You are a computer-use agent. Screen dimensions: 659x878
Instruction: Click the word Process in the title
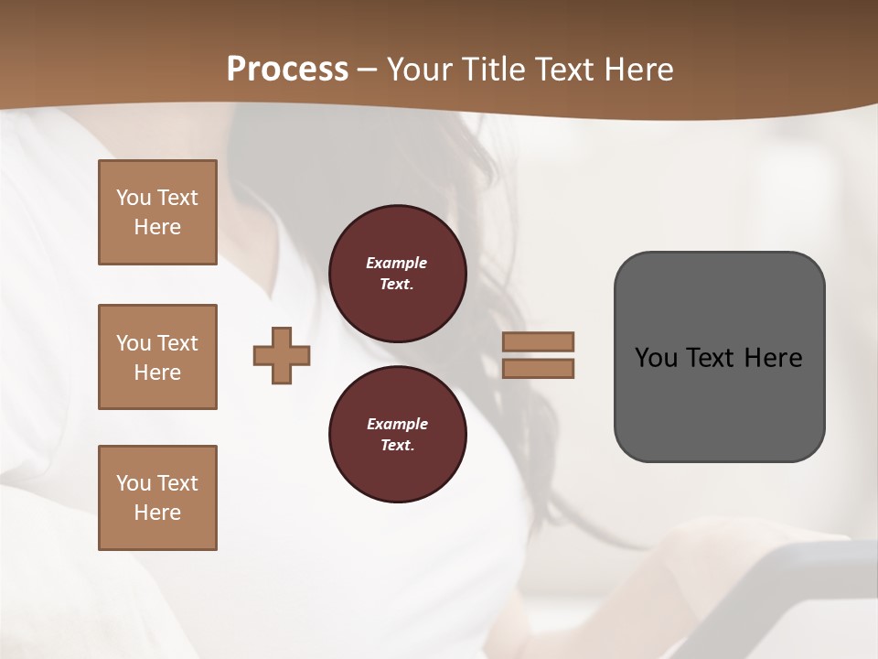(287, 69)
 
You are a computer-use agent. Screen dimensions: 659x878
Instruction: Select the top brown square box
(157, 212)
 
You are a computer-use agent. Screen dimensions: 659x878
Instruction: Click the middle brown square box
(157, 357)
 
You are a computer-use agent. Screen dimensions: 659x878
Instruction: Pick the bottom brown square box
(157, 498)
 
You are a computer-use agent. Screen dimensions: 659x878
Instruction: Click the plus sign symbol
(282, 355)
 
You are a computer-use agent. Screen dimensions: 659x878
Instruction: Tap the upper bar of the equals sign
(539, 341)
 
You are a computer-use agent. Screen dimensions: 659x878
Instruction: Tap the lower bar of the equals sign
(539, 368)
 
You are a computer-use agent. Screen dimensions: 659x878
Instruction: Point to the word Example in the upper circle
(397, 263)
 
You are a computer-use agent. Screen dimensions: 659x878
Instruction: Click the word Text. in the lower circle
(397, 445)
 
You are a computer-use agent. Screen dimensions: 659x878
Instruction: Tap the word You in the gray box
(655, 358)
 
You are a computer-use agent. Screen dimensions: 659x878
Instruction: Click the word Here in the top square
(157, 227)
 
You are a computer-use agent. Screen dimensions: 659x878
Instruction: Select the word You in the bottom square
(134, 483)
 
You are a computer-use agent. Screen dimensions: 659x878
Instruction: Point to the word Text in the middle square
(177, 343)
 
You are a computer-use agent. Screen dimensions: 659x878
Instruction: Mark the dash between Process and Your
(368, 70)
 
